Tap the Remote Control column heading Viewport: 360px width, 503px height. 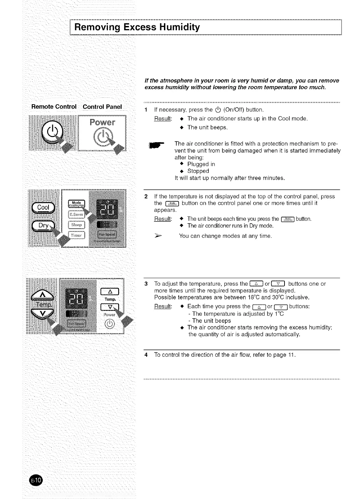coord(54,107)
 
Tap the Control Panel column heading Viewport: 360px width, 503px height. coord(102,107)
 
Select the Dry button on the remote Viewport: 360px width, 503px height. coord(43,226)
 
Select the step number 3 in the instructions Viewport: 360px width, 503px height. coord(146,284)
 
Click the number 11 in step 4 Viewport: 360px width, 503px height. coord(291,355)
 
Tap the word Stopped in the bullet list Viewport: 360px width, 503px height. coord(198,171)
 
